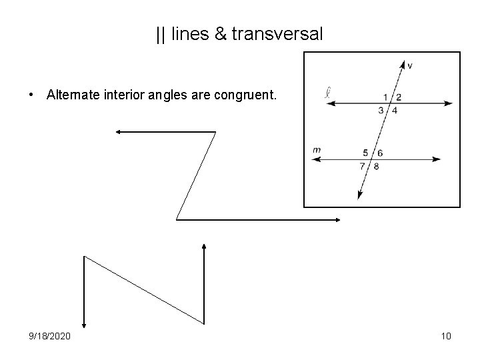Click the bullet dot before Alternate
[32, 95]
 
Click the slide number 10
[446, 336]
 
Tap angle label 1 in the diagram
[385, 97]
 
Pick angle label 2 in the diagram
[399, 97]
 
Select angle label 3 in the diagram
[381, 110]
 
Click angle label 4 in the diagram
[394, 110]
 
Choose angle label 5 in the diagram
[365, 153]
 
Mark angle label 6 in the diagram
[379, 153]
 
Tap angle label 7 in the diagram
[362, 166]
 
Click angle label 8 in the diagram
[376, 166]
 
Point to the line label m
[317, 150]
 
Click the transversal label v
[409, 65]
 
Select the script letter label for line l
[327, 92]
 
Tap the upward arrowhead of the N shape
[203, 247]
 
